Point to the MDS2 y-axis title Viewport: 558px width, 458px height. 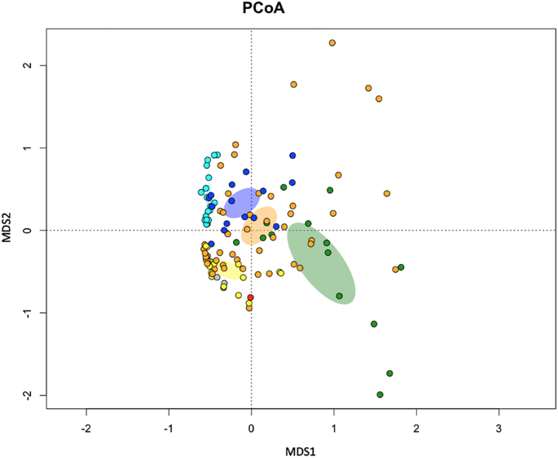9,230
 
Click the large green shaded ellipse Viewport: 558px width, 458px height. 322,263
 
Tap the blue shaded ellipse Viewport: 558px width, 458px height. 241,202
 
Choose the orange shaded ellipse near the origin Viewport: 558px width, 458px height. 260,226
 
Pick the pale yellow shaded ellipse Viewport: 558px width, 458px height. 223,270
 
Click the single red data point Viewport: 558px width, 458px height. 251,297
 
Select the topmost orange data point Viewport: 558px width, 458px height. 332,42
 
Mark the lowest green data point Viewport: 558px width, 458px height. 380,394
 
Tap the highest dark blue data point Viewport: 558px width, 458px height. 292,155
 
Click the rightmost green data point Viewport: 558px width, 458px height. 401,267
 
